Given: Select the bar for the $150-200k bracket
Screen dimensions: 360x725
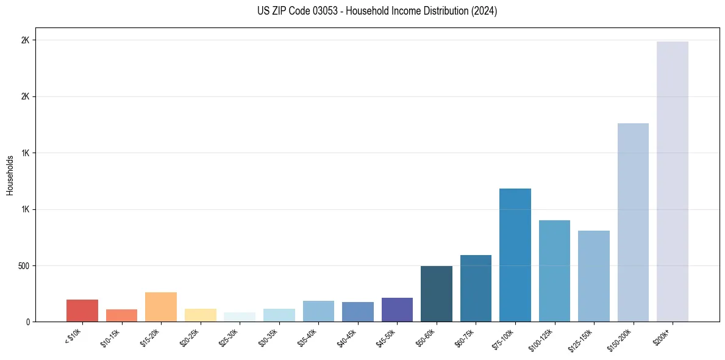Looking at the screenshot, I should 633,222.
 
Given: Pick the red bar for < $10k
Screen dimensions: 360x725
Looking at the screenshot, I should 82,311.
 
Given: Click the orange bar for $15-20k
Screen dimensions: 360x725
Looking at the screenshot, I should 161,307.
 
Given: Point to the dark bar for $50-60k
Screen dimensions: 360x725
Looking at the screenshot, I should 437,293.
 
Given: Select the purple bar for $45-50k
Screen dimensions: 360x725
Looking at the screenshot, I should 397,309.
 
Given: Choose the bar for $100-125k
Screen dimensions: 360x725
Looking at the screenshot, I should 554,271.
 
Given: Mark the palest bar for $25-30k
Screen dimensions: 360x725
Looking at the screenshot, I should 240,317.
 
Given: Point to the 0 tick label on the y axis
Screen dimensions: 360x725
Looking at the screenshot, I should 28,322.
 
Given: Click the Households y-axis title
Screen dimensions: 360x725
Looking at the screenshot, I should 10,175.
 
